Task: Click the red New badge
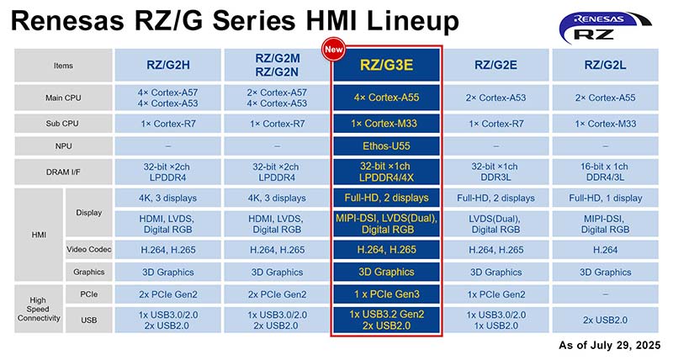click(x=333, y=50)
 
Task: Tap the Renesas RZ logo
click(x=605, y=28)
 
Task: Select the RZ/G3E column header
click(x=386, y=65)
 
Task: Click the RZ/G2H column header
click(x=167, y=65)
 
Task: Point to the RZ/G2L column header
click(x=605, y=65)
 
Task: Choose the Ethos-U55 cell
click(x=386, y=146)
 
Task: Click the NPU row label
click(x=64, y=146)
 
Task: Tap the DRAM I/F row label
click(x=64, y=172)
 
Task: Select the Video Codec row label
click(x=89, y=249)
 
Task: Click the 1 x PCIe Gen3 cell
click(x=386, y=294)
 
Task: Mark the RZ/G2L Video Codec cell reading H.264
click(x=605, y=250)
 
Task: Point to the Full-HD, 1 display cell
click(x=605, y=198)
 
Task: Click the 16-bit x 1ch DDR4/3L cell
click(x=605, y=172)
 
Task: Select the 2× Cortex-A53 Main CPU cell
click(x=495, y=98)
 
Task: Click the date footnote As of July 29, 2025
click(x=609, y=345)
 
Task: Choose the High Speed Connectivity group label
click(x=39, y=309)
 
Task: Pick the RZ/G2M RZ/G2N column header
click(x=277, y=65)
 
